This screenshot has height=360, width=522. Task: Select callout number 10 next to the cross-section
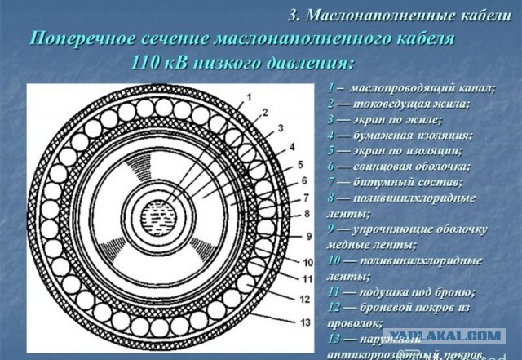(x=306, y=262)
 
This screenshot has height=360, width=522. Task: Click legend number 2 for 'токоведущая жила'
(x=330, y=104)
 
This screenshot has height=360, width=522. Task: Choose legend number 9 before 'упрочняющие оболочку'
(x=330, y=229)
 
